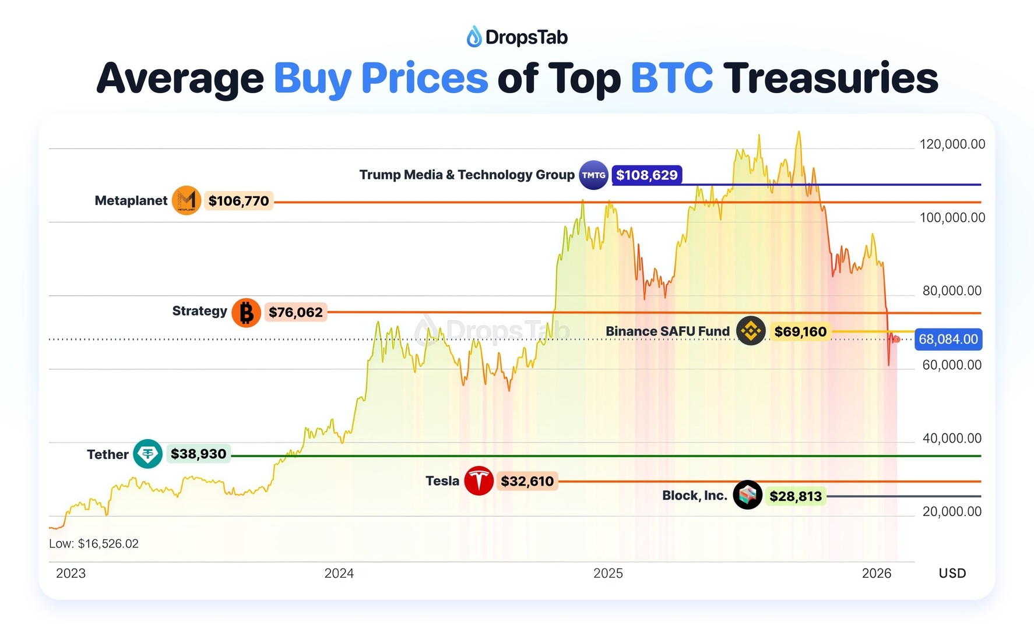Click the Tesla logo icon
tap(479, 481)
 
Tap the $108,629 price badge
tap(646, 175)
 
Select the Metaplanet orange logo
tap(187, 201)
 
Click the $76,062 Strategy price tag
tap(296, 312)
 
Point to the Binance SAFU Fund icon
tap(750, 331)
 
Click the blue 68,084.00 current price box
tap(948, 340)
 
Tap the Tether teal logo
tap(147, 454)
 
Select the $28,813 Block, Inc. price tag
tap(795, 496)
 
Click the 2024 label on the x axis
tap(339, 573)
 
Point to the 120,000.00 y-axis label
tap(952, 144)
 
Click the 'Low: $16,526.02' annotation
tap(94, 543)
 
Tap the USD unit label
tap(952, 573)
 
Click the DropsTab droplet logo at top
tap(474, 37)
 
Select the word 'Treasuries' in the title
tap(831, 78)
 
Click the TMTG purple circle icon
tap(593, 175)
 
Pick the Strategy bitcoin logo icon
tap(246, 312)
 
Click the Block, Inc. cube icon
tap(747, 495)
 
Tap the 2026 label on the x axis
tap(877, 573)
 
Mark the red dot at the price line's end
tap(896, 340)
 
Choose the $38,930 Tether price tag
tap(198, 454)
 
